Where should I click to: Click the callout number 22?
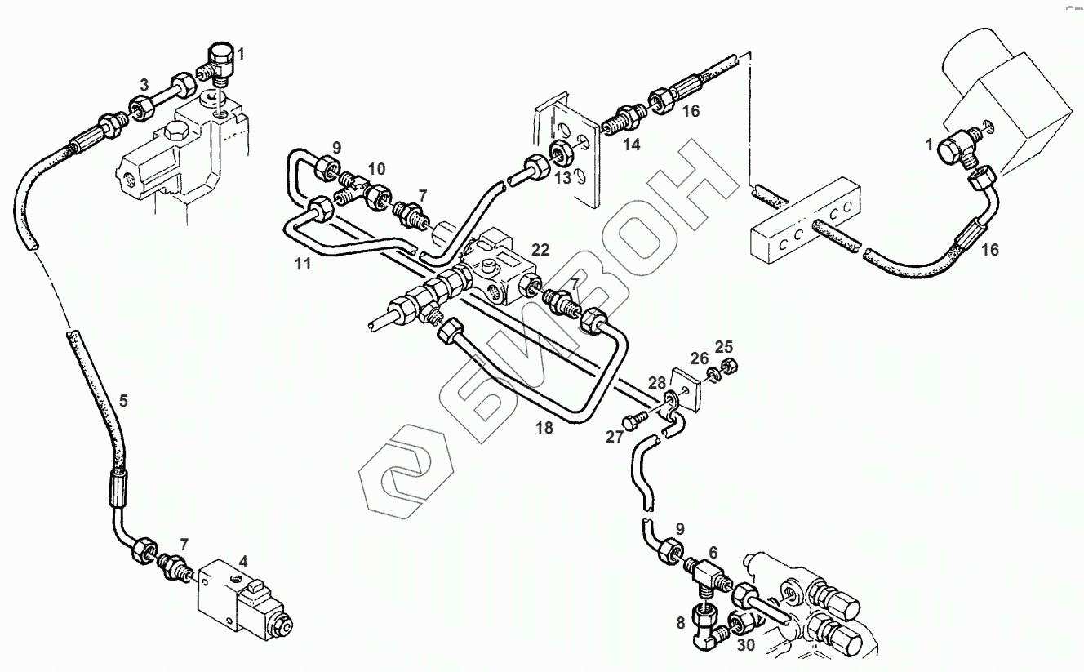[x=540, y=249]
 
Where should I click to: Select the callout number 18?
[x=544, y=428]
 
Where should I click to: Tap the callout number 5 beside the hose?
[x=123, y=400]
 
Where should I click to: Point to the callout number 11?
[x=304, y=265]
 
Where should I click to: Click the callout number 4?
[x=242, y=563]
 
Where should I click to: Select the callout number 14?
[x=631, y=145]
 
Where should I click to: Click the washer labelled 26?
[x=712, y=374]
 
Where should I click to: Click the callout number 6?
[x=713, y=552]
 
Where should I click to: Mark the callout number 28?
[x=657, y=383]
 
